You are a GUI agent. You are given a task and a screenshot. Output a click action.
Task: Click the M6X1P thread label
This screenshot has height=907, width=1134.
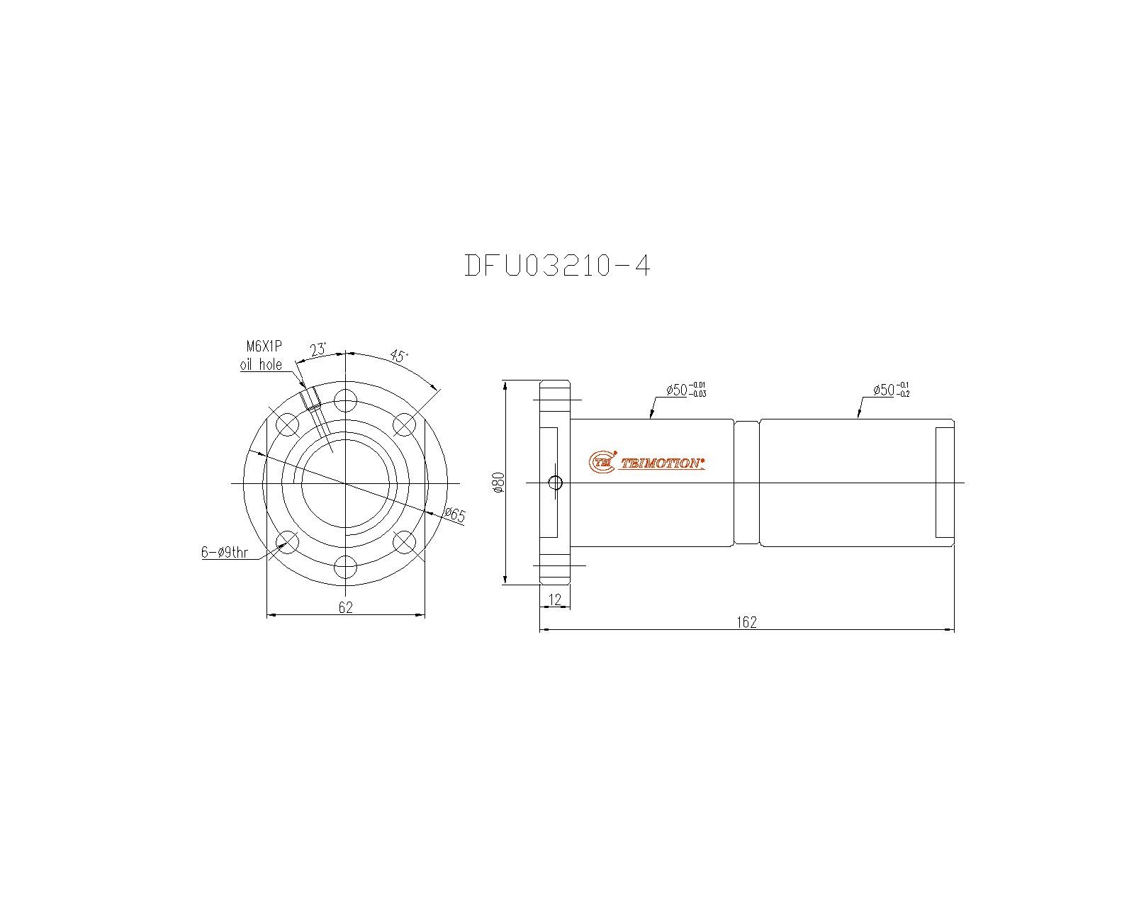coord(264,347)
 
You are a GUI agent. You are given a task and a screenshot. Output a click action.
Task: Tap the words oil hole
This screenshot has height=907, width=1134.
coord(261,364)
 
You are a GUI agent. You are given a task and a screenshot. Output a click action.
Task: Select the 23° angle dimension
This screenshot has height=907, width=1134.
coord(318,349)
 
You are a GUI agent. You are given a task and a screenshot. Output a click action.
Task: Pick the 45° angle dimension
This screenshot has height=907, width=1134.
coord(399,356)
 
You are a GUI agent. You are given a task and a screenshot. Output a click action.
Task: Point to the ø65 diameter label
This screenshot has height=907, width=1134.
coord(455,514)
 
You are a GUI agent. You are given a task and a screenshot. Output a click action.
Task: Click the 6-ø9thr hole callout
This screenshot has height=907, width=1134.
coord(225,552)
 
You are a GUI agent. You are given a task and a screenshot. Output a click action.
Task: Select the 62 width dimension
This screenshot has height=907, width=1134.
coord(346,608)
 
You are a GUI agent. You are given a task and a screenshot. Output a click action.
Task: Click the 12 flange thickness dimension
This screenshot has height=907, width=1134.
coord(555,599)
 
